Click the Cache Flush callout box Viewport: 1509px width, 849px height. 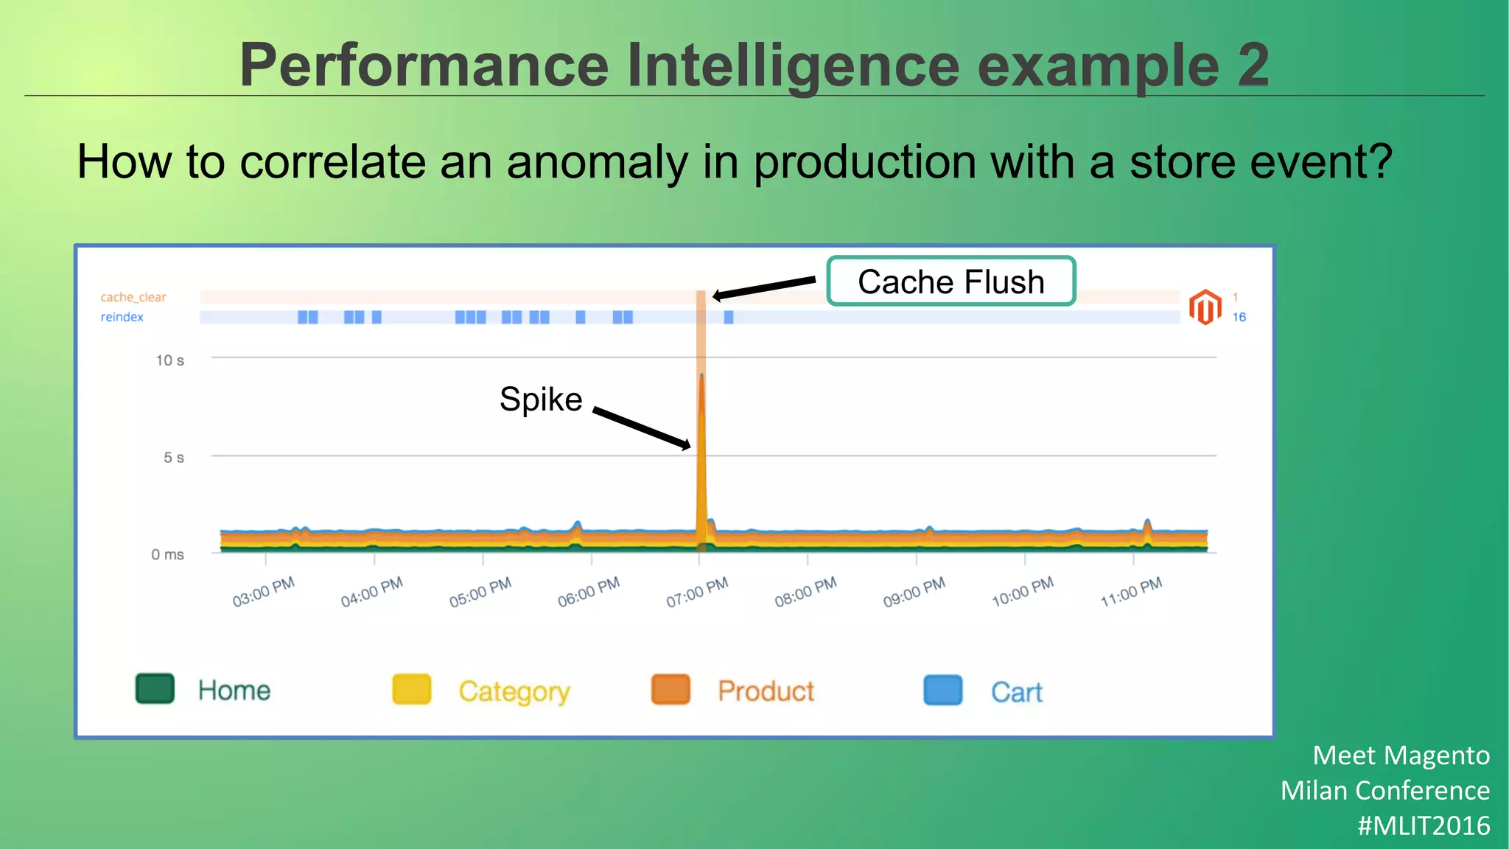tap(950, 282)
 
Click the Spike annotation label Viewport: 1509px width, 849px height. tap(541, 399)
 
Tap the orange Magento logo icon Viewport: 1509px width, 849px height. tap(1205, 307)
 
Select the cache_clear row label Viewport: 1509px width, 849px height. tap(133, 297)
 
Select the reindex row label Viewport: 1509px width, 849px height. tap(122, 317)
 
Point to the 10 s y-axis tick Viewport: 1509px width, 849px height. tap(169, 360)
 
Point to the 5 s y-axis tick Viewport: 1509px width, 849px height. tap(173, 458)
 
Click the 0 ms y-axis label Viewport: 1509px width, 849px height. tap(167, 554)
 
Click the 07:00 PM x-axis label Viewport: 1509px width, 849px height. tap(697, 592)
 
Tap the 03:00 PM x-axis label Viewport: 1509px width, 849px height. tap(263, 592)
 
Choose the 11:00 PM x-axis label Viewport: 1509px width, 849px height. tap(1131, 592)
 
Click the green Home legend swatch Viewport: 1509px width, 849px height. tap(155, 688)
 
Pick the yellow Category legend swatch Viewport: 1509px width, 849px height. tap(411, 690)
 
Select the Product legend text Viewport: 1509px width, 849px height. tap(766, 691)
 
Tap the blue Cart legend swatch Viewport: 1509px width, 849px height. tap(942, 691)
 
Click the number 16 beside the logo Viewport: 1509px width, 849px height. tap(1239, 317)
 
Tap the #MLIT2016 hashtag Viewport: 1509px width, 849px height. tap(1424, 825)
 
